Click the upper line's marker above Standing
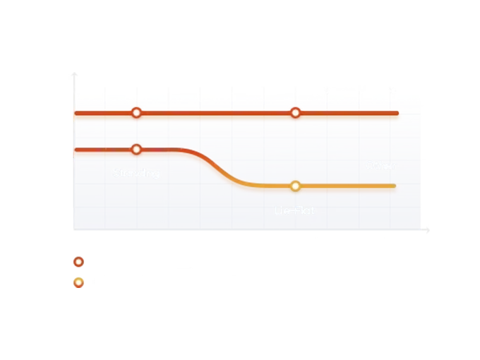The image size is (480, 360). click(x=138, y=113)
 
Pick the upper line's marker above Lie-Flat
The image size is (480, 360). click(x=296, y=113)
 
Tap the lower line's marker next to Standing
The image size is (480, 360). click(x=137, y=150)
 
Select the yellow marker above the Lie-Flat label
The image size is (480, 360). click(x=296, y=186)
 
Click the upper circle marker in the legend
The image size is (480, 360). click(x=79, y=262)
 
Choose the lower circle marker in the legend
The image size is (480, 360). click(x=79, y=282)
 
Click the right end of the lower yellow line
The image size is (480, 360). click(x=396, y=187)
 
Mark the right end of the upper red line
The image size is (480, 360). click(x=397, y=113)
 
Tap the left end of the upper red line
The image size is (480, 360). click(x=77, y=113)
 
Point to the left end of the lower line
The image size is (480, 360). click(x=76, y=150)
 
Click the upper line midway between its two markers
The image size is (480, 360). click(x=217, y=113)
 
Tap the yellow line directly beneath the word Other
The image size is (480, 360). click(x=380, y=187)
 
